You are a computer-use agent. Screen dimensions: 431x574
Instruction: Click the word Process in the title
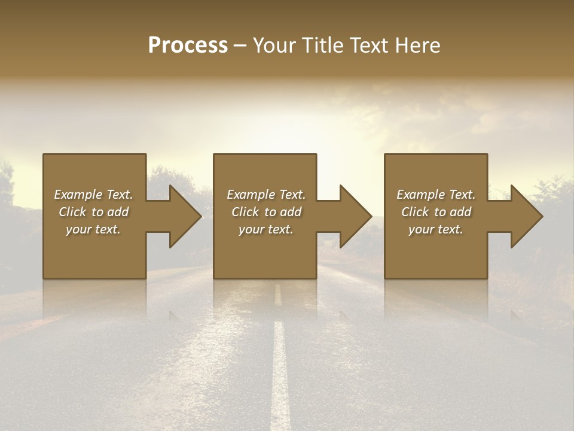188,45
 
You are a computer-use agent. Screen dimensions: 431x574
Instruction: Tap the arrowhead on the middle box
355,217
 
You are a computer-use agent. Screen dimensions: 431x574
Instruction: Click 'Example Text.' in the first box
93,195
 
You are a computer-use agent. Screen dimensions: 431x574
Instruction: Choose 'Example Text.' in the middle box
266,195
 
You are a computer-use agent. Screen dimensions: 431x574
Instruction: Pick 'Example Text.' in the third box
436,195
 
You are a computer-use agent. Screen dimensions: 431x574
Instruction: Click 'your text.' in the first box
93,229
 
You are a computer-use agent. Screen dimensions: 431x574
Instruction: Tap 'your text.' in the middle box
266,229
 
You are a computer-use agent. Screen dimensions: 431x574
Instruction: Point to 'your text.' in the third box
436,229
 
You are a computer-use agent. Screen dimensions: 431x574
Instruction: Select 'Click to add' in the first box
93,212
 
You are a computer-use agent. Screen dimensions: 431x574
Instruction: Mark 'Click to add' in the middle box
266,212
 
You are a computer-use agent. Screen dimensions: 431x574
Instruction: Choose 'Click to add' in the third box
436,212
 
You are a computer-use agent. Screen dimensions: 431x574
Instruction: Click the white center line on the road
279,371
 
